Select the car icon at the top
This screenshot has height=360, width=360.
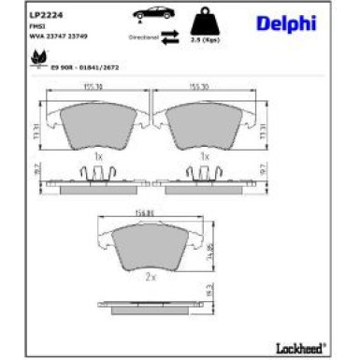tap(151, 15)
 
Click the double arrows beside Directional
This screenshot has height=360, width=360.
tap(171, 37)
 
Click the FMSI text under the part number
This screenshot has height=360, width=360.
tap(37, 27)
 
